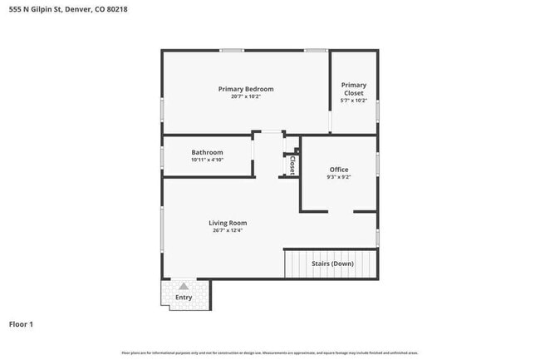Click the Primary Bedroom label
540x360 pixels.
tap(245, 89)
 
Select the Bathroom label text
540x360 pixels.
tap(207, 152)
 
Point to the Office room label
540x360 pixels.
tap(339, 170)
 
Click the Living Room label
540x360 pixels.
tap(228, 223)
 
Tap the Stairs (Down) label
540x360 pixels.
tap(332, 264)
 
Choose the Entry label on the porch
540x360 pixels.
tap(184, 298)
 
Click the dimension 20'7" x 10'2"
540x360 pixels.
tap(245, 96)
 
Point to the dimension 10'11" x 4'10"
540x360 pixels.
tap(207, 160)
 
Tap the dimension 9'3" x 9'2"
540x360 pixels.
tap(339, 177)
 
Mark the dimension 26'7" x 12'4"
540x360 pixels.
tap(228, 230)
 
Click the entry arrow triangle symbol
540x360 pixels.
tap(184, 286)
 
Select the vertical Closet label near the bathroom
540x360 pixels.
tap(292, 165)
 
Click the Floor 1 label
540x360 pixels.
tap(21, 324)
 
